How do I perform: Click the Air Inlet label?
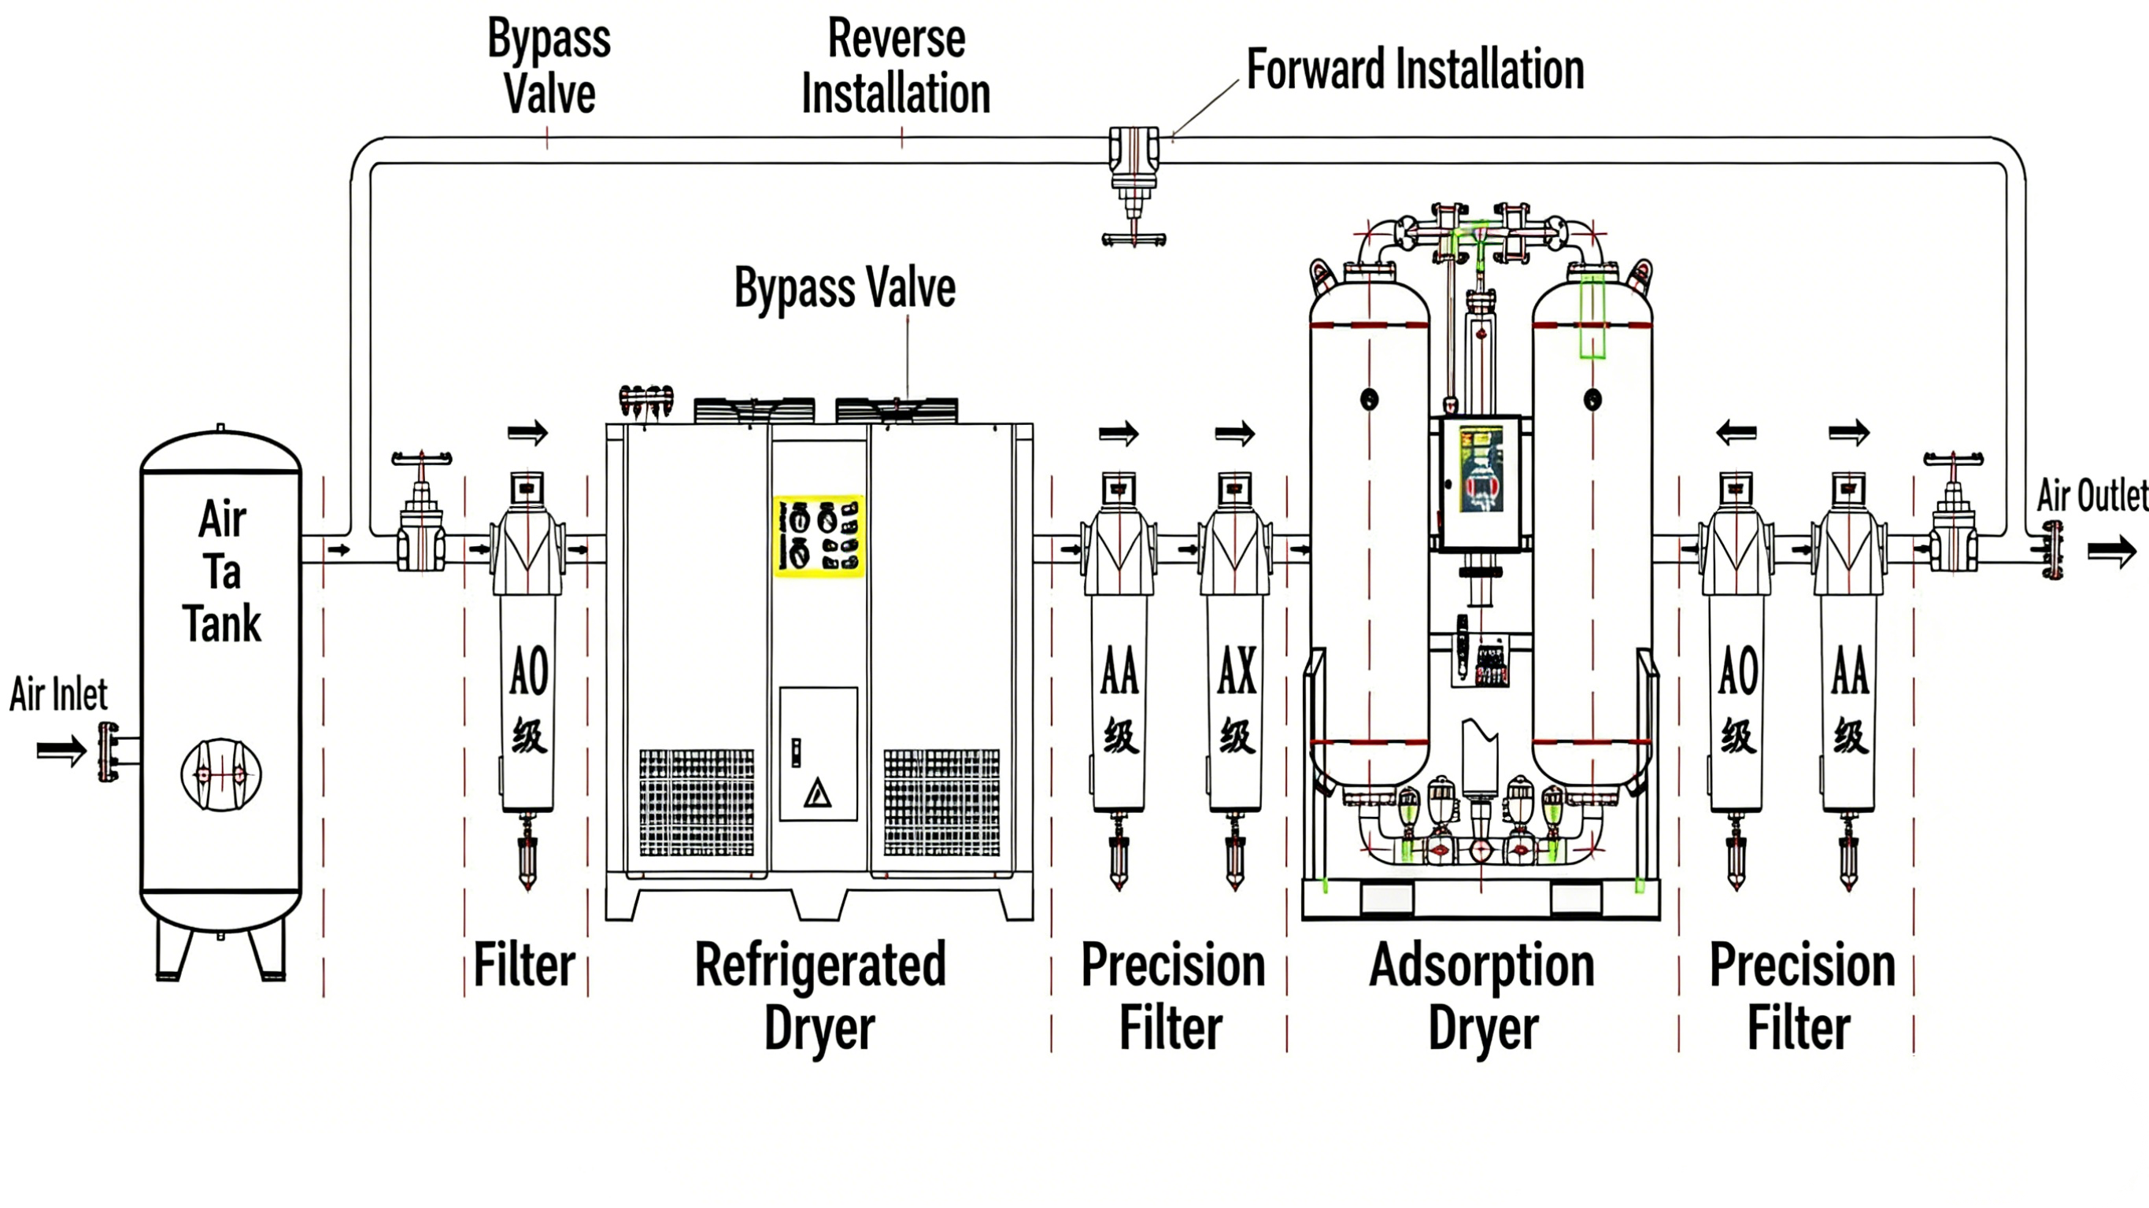pos(58,694)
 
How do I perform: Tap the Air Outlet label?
pos(2091,496)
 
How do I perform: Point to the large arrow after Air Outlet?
pos(2111,552)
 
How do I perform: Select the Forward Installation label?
pos(1415,69)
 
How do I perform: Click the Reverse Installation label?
pos(896,66)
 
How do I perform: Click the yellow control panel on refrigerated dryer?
pos(819,536)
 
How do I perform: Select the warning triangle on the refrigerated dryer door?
pos(818,792)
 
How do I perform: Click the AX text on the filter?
pos(1237,670)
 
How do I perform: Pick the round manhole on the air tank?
pos(221,774)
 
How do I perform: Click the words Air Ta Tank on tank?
pos(222,571)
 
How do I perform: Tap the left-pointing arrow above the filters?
pos(1736,433)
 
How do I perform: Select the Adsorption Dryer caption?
pos(1482,996)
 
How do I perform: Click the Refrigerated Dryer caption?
pos(820,996)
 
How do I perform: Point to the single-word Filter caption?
pos(525,966)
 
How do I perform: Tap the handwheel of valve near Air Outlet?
pos(1953,459)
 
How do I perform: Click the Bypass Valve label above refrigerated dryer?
pos(844,288)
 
